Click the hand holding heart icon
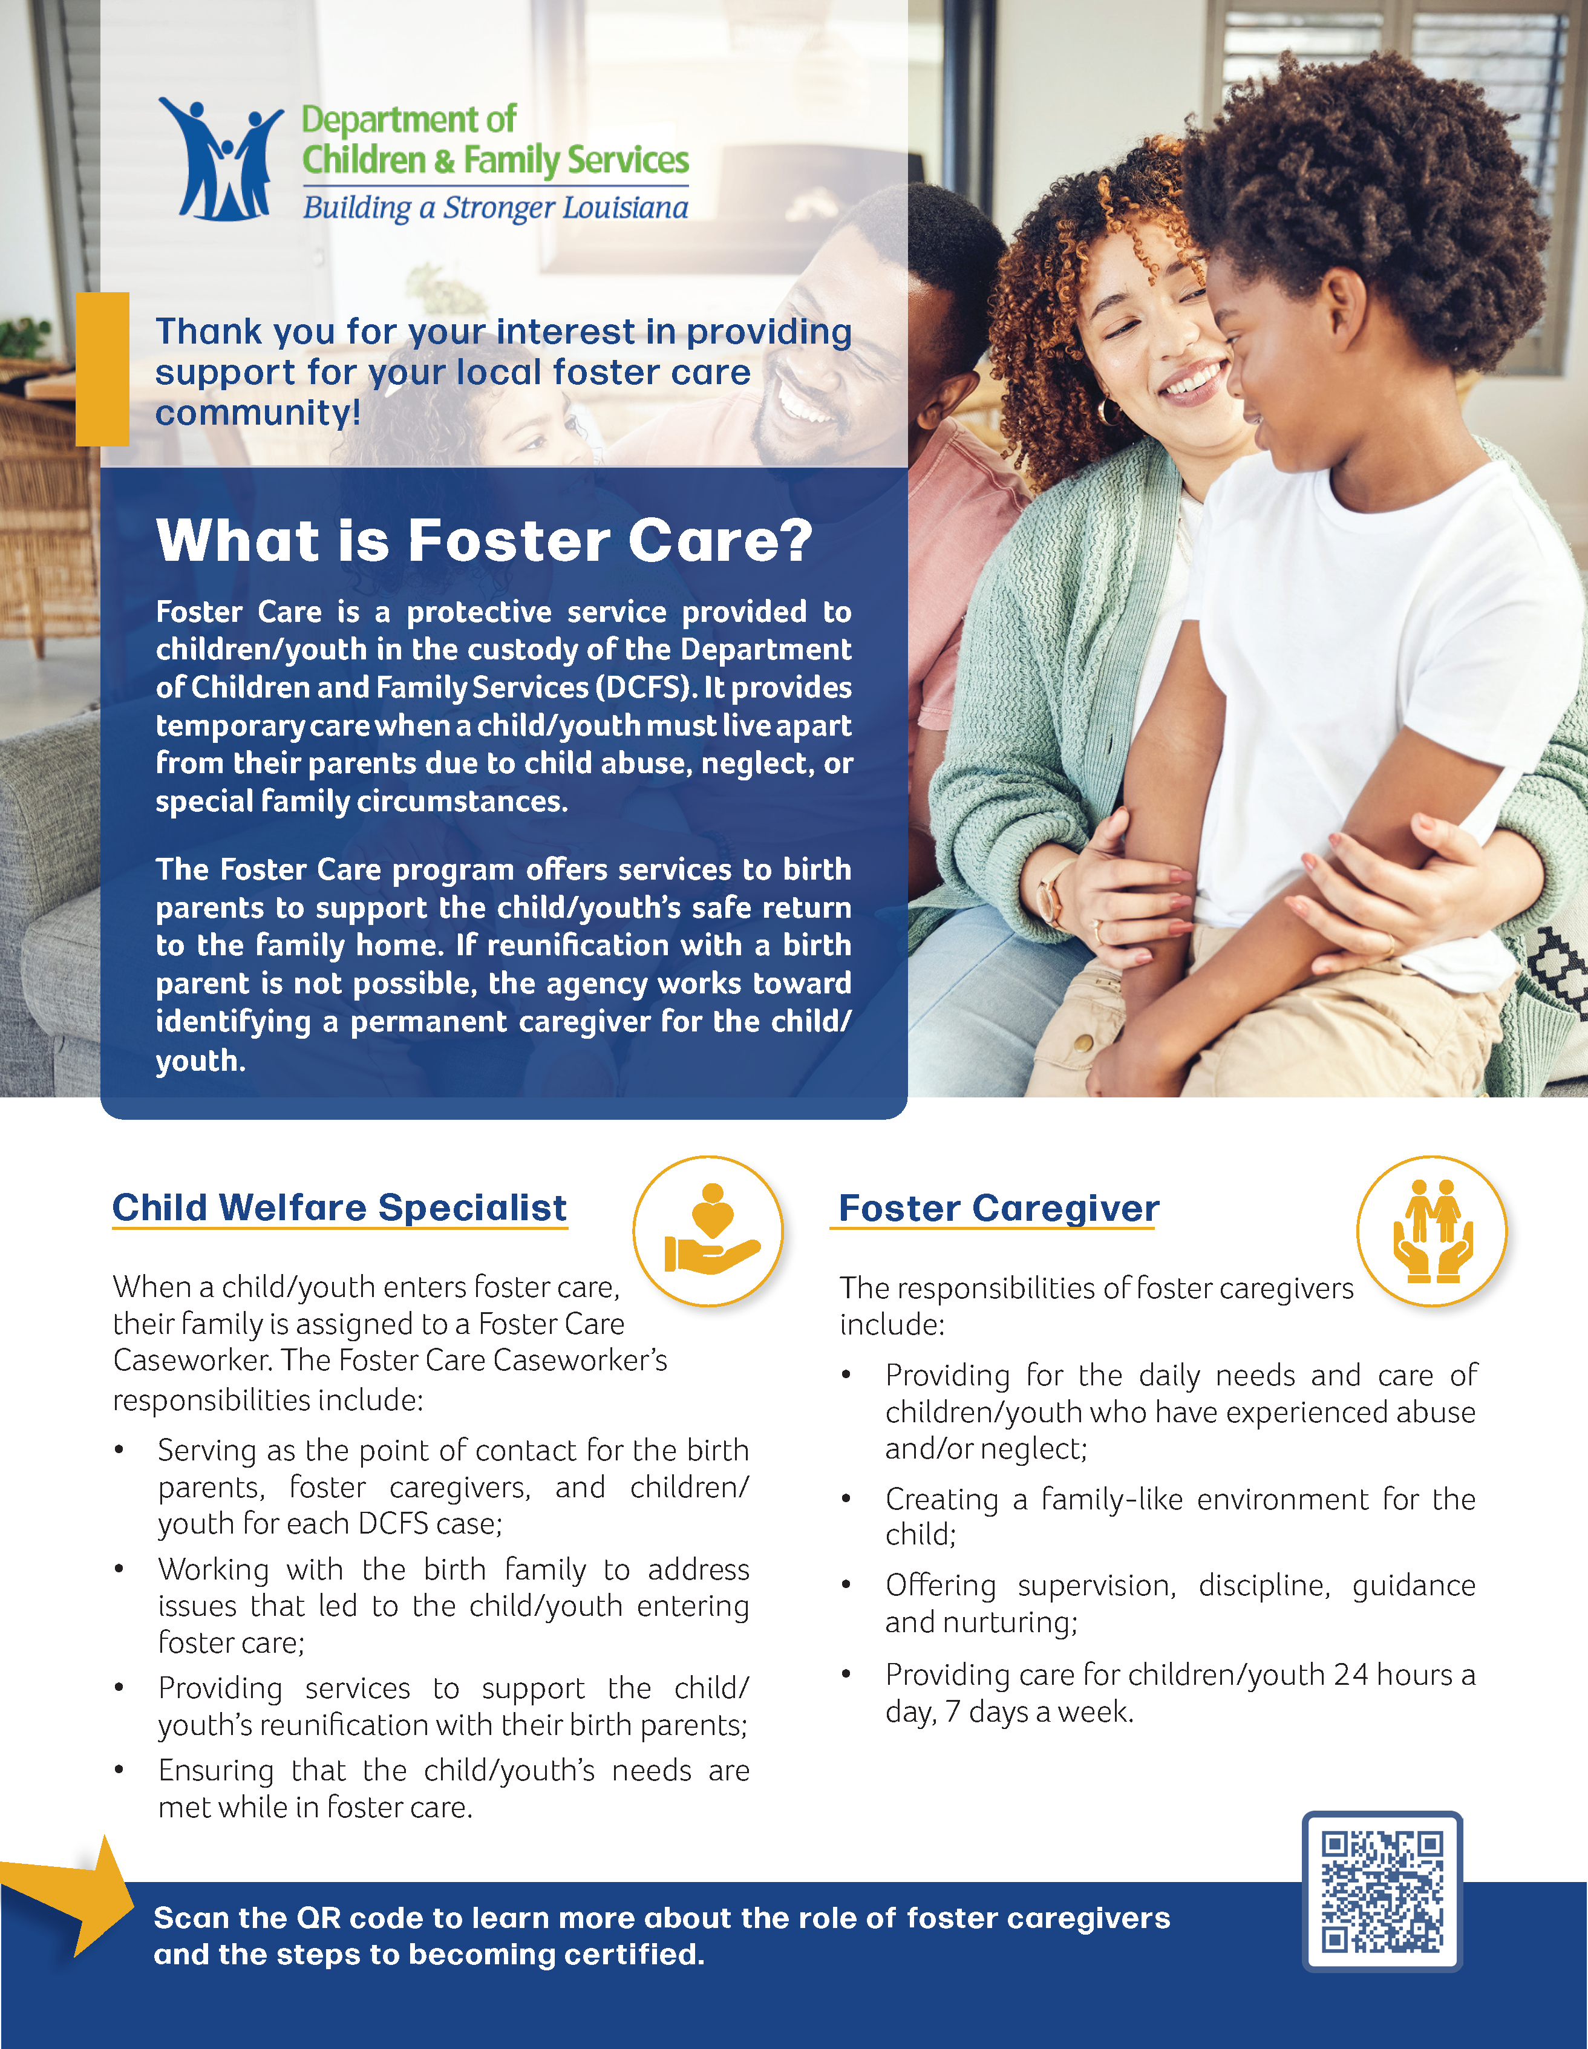711,1230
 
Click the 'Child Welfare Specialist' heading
339,1208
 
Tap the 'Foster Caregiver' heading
999,1208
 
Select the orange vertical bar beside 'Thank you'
102,368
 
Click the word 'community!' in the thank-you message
258,413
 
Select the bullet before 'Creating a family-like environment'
846,1499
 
